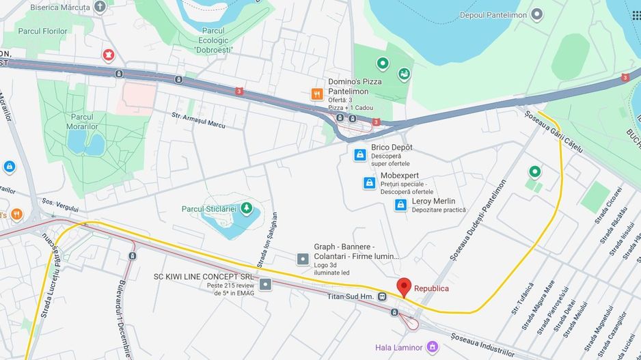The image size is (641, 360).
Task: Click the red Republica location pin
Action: (404, 287)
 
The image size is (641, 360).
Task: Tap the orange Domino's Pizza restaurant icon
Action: (317, 94)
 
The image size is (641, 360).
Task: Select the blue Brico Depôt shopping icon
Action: (359, 155)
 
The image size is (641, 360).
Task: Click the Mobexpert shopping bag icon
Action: (369, 183)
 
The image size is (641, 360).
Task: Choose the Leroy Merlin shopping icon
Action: (400, 204)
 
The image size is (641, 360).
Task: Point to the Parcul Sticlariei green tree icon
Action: (246, 208)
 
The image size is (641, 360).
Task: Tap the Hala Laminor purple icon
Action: (431, 347)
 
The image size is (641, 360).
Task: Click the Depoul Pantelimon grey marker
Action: (537, 14)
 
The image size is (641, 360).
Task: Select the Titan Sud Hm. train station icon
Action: (382, 296)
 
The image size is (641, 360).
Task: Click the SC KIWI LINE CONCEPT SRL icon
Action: (265, 284)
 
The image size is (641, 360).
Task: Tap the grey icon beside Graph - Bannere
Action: (303, 258)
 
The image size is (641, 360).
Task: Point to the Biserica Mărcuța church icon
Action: (100, 8)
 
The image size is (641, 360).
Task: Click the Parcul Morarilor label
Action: (81, 121)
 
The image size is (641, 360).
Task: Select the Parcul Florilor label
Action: (42, 31)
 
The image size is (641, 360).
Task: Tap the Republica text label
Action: (431, 288)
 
